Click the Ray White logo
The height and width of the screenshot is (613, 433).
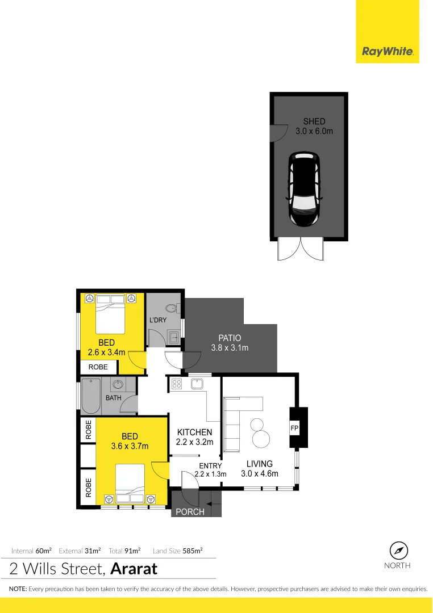[x=387, y=53]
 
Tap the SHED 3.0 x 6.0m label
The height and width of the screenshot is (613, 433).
[x=314, y=126]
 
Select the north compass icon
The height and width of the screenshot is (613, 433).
[x=399, y=550]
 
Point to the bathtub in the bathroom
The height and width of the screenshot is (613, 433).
[x=91, y=396]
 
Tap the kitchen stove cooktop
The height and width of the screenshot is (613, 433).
[x=176, y=384]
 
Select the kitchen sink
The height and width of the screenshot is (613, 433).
[x=197, y=384]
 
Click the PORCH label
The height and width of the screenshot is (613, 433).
[x=190, y=511]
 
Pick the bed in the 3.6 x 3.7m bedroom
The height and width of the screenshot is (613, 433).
[x=130, y=483]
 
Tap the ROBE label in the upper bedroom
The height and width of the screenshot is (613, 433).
[x=98, y=367]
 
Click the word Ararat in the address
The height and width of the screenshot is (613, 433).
[x=134, y=568]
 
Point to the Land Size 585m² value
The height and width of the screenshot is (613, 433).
[x=193, y=551]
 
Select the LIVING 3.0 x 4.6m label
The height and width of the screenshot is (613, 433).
[x=259, y=468]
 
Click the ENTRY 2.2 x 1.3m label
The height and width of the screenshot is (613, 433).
[x=210, y=470]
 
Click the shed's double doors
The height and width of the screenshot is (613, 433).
[x=300, y=249]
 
